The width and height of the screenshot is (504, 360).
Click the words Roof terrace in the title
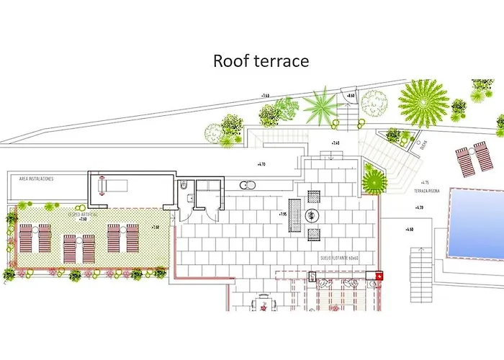tap(261, 61)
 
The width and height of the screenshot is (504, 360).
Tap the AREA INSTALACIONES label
tap(32, 179)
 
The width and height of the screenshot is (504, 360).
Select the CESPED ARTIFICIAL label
tap(84, 214)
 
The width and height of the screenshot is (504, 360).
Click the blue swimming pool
tap(475, 223)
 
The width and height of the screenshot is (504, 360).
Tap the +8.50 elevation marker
tap(351, 96)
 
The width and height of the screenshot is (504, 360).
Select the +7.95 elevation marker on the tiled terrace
tap(284, 214)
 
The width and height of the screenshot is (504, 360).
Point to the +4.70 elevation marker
tap(261, 165)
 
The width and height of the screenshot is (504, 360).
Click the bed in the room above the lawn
tap(113, 186)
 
